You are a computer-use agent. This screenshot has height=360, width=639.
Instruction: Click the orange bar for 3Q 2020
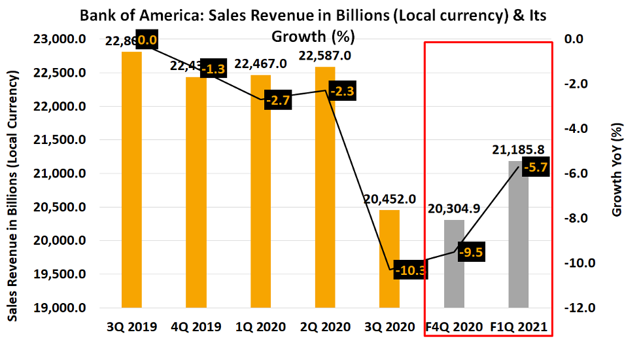(390, 259)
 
